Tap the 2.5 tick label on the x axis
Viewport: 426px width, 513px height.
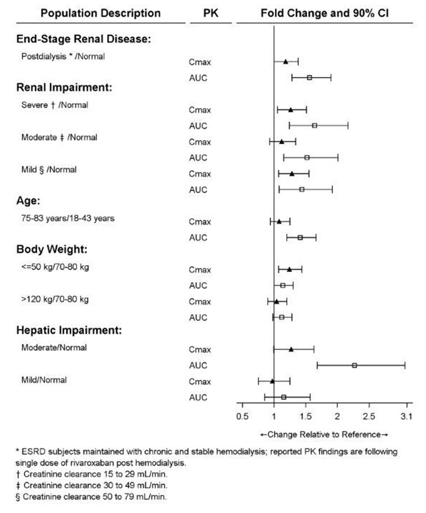(x=369, y=416)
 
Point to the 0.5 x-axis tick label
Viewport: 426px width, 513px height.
(x=242, y=416)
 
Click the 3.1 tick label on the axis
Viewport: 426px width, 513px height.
(x=406, y=416)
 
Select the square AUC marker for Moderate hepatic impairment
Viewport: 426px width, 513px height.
(x=354, y=365)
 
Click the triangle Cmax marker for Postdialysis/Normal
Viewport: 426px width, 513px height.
(x=286, y=61)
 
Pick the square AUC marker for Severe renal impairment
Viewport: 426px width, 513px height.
(x=314, y=126)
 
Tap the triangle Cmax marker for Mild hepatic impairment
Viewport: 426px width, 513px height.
(x=272, y=381)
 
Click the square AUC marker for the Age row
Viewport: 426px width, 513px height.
(x=300, y=238)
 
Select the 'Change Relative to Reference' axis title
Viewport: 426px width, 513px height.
(x=324, y=435)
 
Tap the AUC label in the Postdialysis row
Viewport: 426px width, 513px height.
(x=198, y=78)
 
